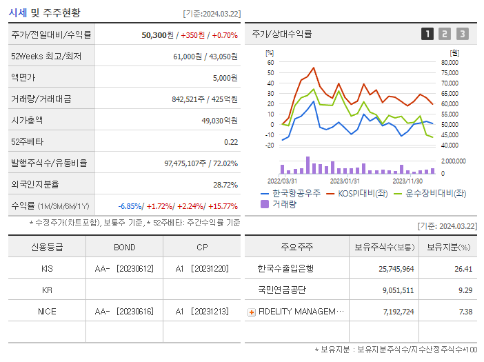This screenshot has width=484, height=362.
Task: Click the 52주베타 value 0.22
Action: click(x=231, y=142)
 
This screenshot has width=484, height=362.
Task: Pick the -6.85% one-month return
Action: click(x=130, y=206)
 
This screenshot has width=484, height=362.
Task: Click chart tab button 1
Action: click(x=427, y=34)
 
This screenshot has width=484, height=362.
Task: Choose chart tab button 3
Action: click(x=462, y=34)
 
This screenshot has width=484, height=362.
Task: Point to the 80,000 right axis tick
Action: click(x=449, y=63)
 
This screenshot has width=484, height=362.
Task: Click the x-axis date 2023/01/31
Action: click(x=345, y=181)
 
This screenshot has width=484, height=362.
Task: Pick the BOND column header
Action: click(x=125, y=248)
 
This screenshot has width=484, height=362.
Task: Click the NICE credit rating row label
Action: click(x=47, y=312)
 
